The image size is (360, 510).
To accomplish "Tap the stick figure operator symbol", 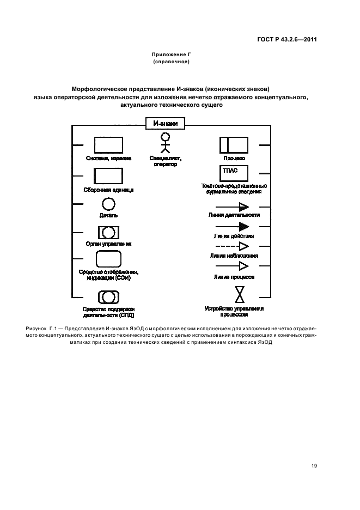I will click(x=165, y=143).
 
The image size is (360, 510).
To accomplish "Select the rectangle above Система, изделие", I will click(x=108, y=145).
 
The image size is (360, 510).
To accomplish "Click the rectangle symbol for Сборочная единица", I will click(x=108, y=176).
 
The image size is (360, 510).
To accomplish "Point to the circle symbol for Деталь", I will click(x=108, y=204).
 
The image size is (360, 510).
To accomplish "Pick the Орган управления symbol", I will click(x=108, y=233).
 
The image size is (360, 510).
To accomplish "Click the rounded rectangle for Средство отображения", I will click(x=108, y=259).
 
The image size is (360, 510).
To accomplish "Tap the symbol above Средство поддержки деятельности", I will click(x=108, y=297).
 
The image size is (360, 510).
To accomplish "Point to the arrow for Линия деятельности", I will click(x=233, y=207).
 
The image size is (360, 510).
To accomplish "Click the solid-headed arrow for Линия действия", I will click(x=233, y=227).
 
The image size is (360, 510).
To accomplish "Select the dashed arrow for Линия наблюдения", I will click(x=233, y=246).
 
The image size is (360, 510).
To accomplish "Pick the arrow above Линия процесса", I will click(x=233, y=266).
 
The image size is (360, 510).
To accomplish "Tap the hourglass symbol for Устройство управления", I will click(x=240, y=295).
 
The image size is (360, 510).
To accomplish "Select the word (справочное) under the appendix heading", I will click(x=171, y=62).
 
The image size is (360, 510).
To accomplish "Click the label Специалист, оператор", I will click(x=166, y=161).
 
